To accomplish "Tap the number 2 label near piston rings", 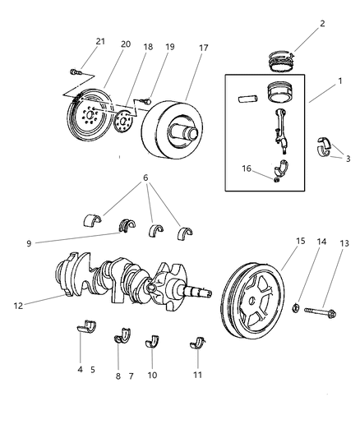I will tap(321, 23).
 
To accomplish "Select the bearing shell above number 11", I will tap(197, 343).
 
